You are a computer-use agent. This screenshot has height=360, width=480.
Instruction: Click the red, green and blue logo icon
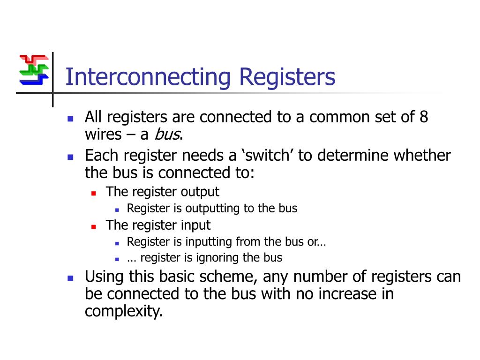click(x=34, y=70)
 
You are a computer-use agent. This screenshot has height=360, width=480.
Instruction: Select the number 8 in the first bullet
click(x=424, y=117)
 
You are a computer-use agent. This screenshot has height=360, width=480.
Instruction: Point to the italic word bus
click(x=167, y=135)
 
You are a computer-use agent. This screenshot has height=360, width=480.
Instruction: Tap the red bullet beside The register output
click(x=94, y=193)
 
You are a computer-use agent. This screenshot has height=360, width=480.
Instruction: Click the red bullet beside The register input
click(x=94, y=226)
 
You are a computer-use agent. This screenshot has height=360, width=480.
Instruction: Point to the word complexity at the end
click(x=123, y=311)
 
